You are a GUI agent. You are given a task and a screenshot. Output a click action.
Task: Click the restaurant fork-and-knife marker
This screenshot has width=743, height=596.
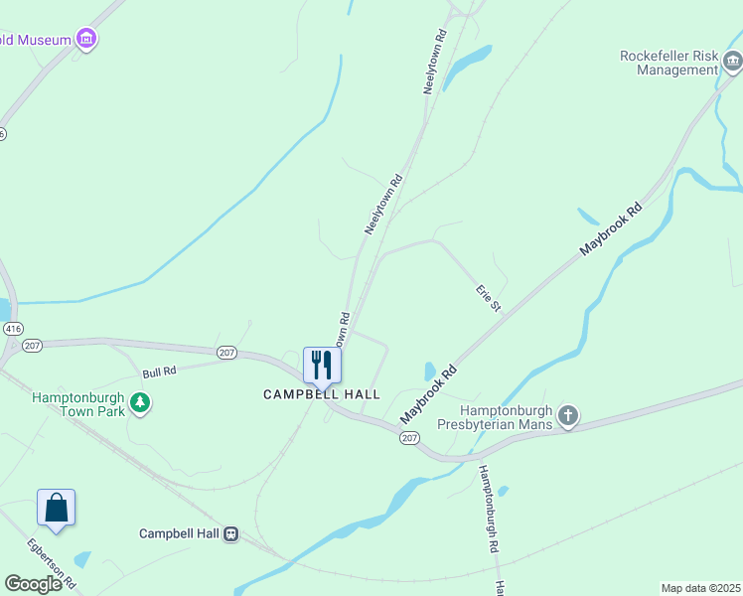pyautogui.click(x=322, y=365)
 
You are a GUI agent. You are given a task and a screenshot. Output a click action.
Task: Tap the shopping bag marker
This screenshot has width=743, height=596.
pyautogui.click(x=57, y=508)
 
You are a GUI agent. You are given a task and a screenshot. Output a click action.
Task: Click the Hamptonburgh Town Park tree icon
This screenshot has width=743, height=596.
pyautogui.click(x=141, y=403)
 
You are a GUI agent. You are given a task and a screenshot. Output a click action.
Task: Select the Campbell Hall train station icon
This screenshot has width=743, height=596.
pyautogui.click(x=230, y=533)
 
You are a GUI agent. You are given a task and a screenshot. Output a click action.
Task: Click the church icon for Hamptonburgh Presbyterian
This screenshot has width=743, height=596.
pyautogui.click(x=567, y=414)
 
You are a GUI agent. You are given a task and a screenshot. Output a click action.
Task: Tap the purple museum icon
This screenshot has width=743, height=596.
pyautogui.click(x=87, y=40)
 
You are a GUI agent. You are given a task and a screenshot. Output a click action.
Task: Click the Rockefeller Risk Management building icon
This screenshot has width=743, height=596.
pyautogui.click(x=733, y=63)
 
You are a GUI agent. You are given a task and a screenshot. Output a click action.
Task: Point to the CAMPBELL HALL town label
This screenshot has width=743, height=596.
pyautogui.click(x=321, y=394)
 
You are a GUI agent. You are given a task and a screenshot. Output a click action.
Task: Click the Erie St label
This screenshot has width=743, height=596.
pyautogui.click(x=488, y=298)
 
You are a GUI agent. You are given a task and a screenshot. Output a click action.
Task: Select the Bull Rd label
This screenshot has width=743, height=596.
pyautogui.click(x=159, y=372)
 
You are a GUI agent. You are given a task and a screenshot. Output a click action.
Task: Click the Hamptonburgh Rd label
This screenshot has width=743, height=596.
pyautogui.click(x=490, y=508)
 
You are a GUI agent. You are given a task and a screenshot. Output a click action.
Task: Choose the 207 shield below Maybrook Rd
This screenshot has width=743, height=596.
pyautogui.click(x=409, y=437)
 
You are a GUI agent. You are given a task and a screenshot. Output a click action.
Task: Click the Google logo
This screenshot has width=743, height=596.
pyautogui.click(x=34, y=583)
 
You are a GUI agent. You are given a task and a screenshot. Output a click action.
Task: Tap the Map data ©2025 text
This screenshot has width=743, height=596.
pyautogui.click(x=700, y=588)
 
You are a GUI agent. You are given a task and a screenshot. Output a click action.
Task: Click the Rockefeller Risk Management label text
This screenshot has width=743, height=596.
pyautogui.click(x=668, y=63)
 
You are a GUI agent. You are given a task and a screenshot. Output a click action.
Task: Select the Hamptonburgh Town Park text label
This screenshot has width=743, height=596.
pyautogui.click(x=77, y=404)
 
